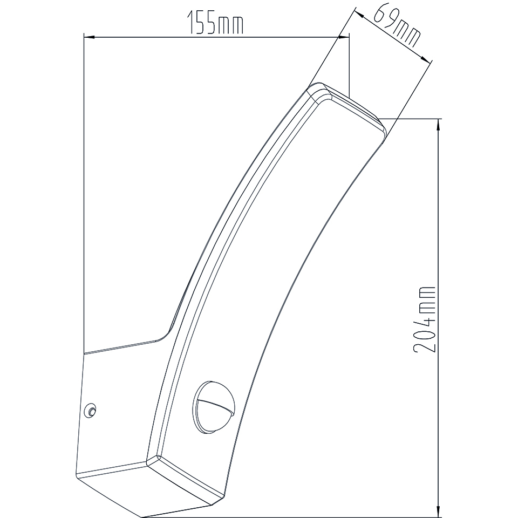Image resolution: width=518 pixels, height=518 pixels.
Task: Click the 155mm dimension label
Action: pos(215,23)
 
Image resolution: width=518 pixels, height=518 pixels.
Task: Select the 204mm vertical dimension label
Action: pos(424,319)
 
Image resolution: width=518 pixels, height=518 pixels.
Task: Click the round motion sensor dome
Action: pos(214,407)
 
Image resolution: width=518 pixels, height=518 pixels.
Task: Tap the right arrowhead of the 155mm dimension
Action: pos(344,37)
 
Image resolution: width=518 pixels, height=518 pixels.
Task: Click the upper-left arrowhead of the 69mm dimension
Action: pos(359,15)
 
